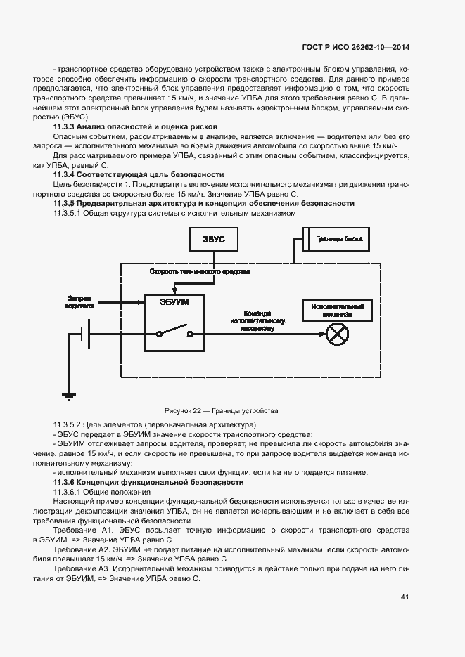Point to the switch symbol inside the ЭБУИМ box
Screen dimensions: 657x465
[x=176, y=331]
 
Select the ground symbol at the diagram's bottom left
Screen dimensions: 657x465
[x=68, y=396]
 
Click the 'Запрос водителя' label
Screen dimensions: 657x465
[x=79, y=301]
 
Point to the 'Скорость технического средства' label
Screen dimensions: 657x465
[x=199, y=271]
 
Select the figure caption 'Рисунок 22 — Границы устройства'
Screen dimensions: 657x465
[x=222, y=410]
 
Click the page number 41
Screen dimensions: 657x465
[x=405, y=597]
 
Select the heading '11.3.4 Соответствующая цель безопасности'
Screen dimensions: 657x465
[x=138, y=174]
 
